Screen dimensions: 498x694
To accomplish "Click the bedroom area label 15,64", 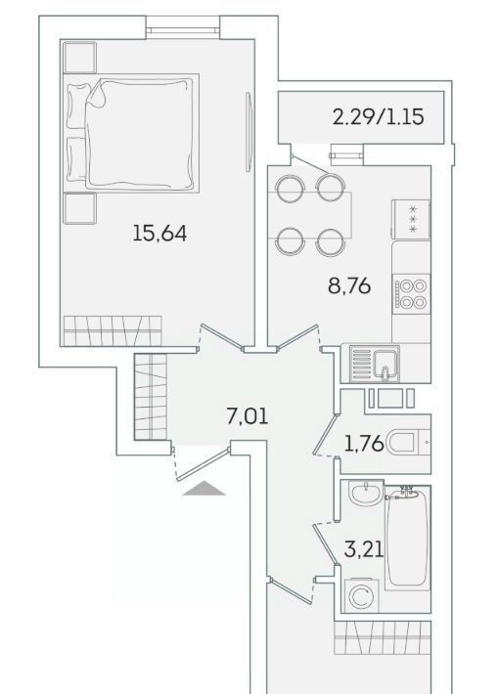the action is click(x=159, y=234).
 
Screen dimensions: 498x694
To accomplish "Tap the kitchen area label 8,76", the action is click(x=349, y=286).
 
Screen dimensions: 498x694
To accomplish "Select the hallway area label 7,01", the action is click(x=248, y=416).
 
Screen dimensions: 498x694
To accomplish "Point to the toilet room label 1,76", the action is click(x=364, y=443).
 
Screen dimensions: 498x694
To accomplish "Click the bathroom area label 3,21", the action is click(x=364, y=549).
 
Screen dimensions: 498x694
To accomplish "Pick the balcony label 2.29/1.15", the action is click(x=379, y=117).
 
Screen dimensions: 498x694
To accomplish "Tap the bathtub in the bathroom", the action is click(x=408, y=538).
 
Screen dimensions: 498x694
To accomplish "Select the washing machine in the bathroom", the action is click(x=362, y=595).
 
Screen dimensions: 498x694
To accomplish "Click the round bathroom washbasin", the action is click(x=366, y=493).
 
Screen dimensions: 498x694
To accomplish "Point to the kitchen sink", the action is click(x=375, y=364).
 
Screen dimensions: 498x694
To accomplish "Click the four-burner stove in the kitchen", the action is click(x=411, y=294).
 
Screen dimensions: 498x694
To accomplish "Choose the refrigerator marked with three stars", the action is click(x=411, y=220).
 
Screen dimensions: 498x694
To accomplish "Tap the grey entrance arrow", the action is click(x=204, y=489).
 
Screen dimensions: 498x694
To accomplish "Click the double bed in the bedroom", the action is click(x=131, y=133).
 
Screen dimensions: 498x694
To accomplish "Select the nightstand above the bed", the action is click(x=80, y=57).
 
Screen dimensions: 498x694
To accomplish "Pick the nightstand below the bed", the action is click(x=80, y=208).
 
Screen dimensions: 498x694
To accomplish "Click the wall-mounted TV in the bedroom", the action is click(x=249, y=131).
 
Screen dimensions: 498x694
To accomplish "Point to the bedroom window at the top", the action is click(x=183, y=30).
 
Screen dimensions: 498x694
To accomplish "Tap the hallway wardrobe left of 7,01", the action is click(x=151, y=396).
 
